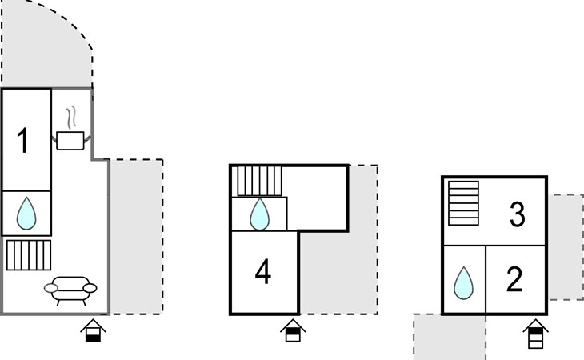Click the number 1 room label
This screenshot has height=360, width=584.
point(23,140)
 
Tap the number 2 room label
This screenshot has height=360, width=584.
point(514,279)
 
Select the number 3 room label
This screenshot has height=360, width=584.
point(517,214)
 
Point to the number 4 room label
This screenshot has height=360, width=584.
point(263,272)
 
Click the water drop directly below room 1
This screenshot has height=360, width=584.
point(26,214)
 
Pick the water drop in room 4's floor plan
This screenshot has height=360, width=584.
point(259,214)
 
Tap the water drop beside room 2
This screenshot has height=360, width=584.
point(463,283)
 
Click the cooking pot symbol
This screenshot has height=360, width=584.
point(70,140)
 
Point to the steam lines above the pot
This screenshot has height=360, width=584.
point(71,117)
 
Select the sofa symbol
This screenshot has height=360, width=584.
point(70,290)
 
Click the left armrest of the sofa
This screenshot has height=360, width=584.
point(51,288)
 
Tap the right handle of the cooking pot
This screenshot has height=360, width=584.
point(87,139)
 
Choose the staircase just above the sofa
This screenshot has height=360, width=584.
point(29,255)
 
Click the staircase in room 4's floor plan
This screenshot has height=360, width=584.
point(259,181)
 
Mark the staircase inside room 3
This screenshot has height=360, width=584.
point(463,203)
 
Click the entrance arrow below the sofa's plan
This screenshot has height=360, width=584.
point(93,330)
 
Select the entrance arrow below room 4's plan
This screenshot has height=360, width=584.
point(293,330)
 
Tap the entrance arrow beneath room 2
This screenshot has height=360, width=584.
point(535,334)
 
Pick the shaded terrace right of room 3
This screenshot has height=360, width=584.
point(566,247)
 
